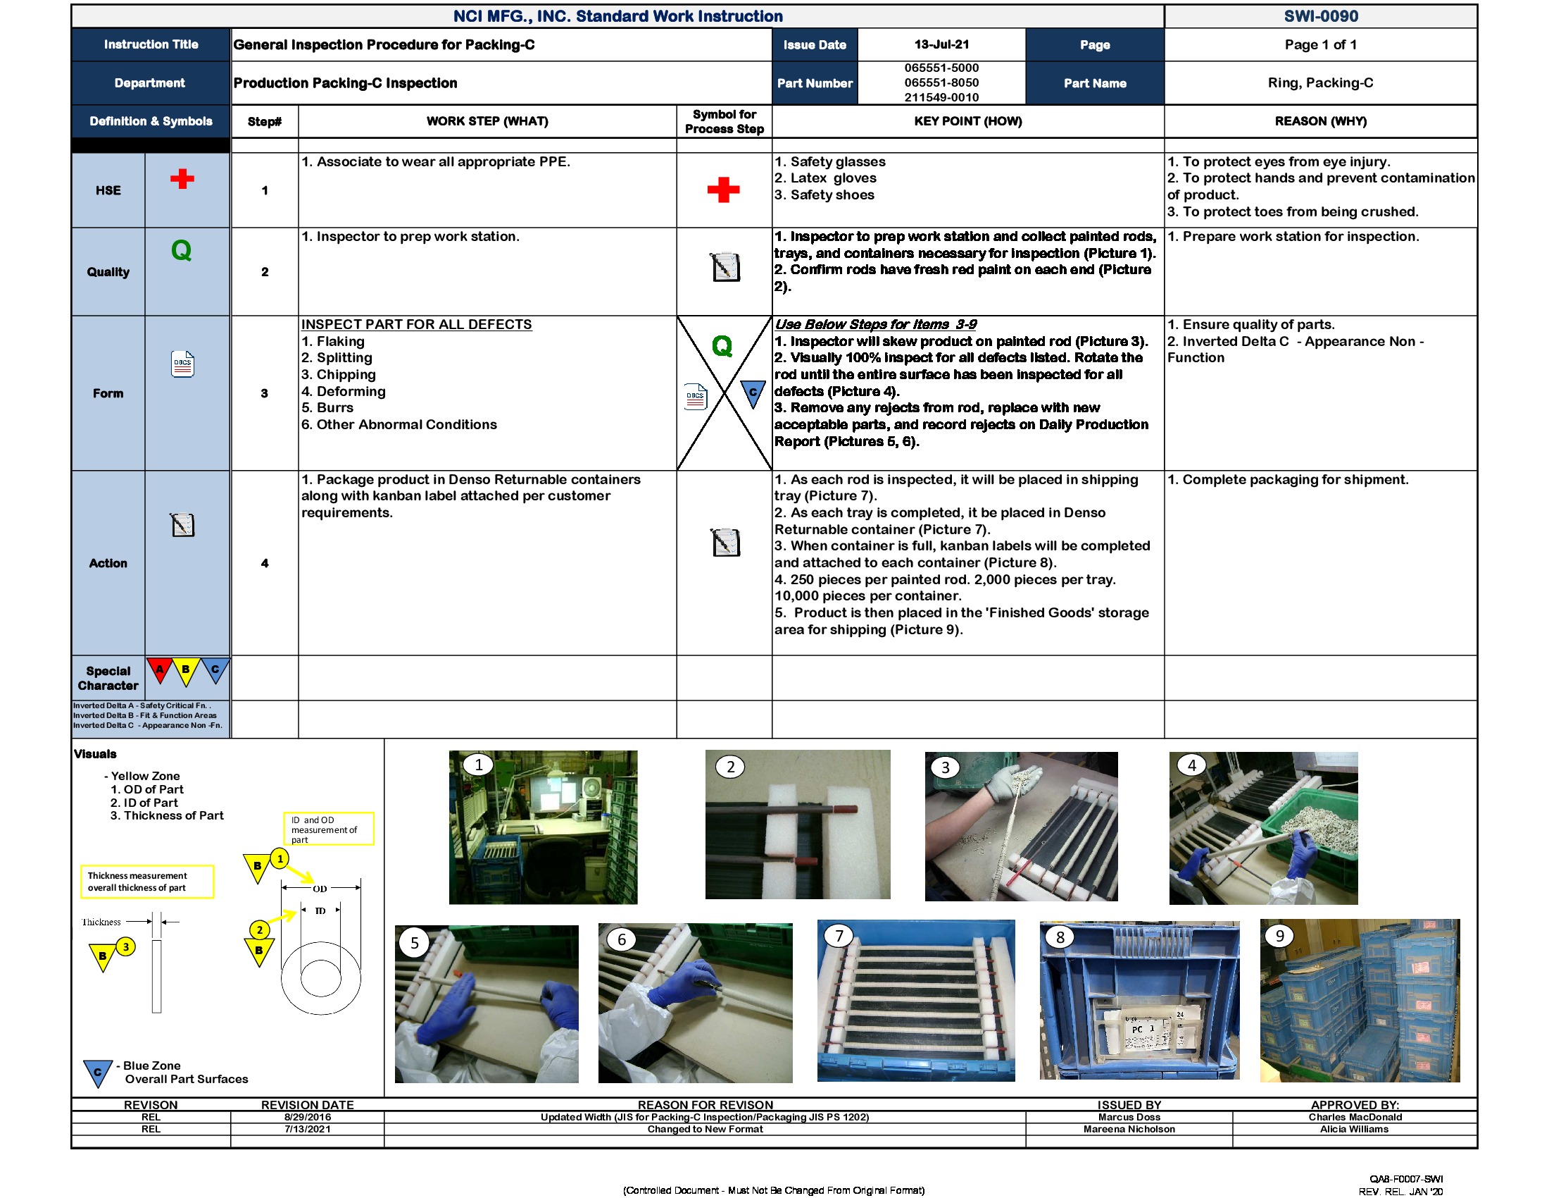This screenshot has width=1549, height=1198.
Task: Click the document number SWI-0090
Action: pos(1320,16)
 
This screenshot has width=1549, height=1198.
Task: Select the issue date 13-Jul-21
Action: pos(941,44)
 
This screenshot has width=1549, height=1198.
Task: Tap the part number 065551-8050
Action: pos(941,82)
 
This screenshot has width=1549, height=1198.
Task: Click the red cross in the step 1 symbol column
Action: pos(722,190)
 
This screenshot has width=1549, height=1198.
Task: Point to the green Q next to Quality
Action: pos(182,250)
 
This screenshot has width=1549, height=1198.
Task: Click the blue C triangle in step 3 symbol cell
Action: pos(753,393)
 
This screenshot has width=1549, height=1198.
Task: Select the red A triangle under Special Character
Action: pos(161,669)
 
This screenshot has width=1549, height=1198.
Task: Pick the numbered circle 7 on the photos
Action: pos(839,935)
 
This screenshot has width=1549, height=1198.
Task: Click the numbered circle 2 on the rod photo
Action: pos(730,767)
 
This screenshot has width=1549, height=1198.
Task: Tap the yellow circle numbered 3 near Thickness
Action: pos(125,946)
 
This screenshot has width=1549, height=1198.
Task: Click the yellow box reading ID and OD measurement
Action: pos(328,829)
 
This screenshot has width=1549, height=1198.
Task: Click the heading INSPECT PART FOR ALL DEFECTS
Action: pos(416,324)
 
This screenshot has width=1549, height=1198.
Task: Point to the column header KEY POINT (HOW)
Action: pos(967,121)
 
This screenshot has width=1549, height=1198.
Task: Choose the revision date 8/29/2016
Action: pos(307,1116)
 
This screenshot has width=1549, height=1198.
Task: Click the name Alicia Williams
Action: pos(1353,1128)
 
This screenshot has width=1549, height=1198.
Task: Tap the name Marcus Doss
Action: pos(1129,1116)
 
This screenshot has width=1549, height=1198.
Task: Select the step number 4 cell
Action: pos(265,563)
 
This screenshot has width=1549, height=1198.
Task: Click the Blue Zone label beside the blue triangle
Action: pos(151,1066)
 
